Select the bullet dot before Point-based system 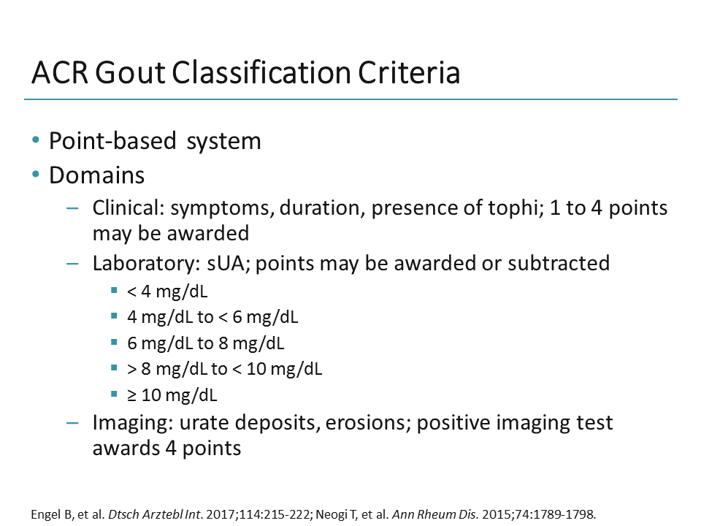pyautogui.click(x=37, y=140)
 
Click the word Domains pyautogui.click(x=96, y=176)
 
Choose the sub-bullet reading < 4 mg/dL pyautogui.click(x=167, y=292)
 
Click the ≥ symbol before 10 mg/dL pyautogui.click(x=131, y=395)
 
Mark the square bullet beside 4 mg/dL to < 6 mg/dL pyautogui.click(x=114, y=317)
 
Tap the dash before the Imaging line pyautogui.click(x=72, y=422)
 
